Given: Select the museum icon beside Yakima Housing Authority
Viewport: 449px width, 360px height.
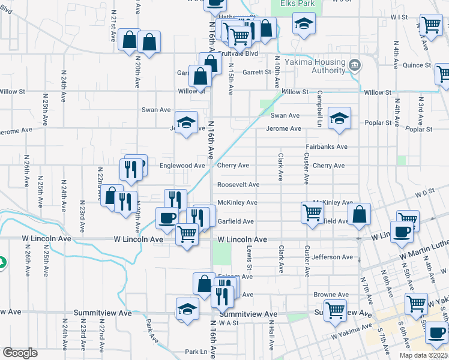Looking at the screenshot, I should [x=354, y=64].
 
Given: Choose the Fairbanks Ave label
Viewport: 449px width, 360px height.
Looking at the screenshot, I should [x=326, y=146].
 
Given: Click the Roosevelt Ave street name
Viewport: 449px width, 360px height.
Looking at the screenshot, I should [x=238, y=184].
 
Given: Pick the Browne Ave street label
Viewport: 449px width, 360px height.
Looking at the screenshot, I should [x=331, y=295].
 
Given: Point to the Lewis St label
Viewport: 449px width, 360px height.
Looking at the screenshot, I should [x=249, y=257].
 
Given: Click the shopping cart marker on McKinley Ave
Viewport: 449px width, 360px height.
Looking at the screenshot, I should [x=312, y=212].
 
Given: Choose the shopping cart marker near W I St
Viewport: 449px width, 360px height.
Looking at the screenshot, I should [x=431, y=26].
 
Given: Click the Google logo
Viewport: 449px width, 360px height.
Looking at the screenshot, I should [x=19, y=353].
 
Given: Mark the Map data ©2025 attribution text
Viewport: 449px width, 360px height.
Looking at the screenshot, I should [x=424, y=355].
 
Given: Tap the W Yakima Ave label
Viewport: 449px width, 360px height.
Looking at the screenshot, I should [x=351, y=330].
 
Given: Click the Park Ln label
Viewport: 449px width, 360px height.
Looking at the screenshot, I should [x=196, y=352].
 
